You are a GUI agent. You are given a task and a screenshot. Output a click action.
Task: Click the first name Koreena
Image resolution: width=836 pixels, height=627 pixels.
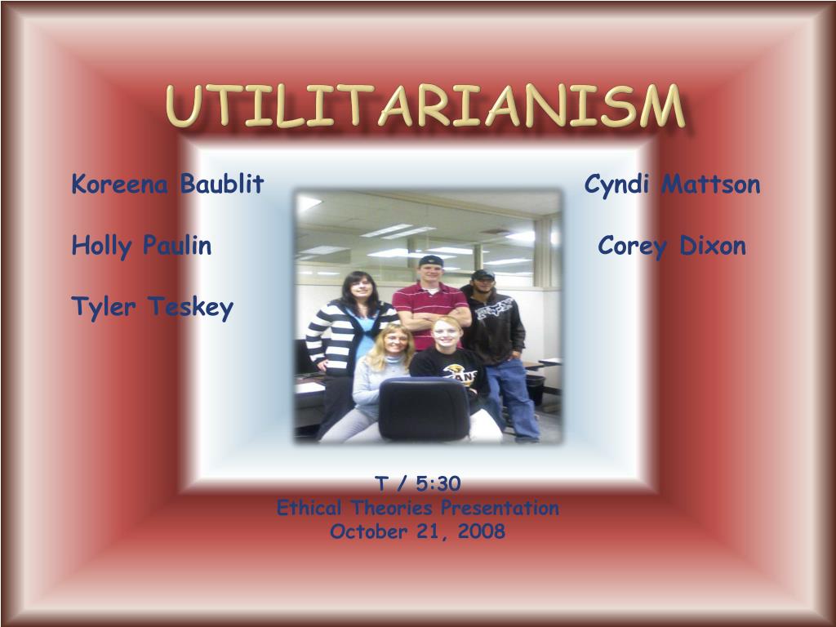point(120,184)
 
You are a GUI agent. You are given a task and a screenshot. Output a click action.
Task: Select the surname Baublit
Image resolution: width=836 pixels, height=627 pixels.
point(222,184)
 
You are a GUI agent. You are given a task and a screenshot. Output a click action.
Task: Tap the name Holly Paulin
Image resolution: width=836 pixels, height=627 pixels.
point(141,247)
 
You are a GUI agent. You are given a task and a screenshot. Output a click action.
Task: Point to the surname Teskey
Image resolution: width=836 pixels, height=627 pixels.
point(190,308)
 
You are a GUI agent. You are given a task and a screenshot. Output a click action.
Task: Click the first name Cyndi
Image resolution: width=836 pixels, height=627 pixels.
point(616,185)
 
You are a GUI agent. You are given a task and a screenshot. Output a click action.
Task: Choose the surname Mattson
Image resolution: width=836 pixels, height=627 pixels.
point(711,185)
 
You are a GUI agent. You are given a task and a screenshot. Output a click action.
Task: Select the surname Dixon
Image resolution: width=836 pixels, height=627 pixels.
point(712,246)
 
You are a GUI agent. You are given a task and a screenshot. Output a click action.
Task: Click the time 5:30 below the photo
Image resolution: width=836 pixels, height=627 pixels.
point(438,483)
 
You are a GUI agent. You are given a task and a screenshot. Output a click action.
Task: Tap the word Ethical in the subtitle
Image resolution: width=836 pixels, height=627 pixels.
point(309,508)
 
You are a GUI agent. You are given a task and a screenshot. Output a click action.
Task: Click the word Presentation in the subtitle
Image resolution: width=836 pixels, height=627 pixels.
point(500,508)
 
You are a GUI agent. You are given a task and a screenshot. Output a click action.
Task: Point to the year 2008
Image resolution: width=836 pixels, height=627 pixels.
point(481,531)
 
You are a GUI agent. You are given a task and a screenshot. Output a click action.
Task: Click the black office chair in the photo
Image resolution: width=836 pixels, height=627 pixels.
point(425,410)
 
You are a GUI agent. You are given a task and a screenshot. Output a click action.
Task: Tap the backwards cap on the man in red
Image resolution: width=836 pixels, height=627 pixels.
point(431,260)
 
